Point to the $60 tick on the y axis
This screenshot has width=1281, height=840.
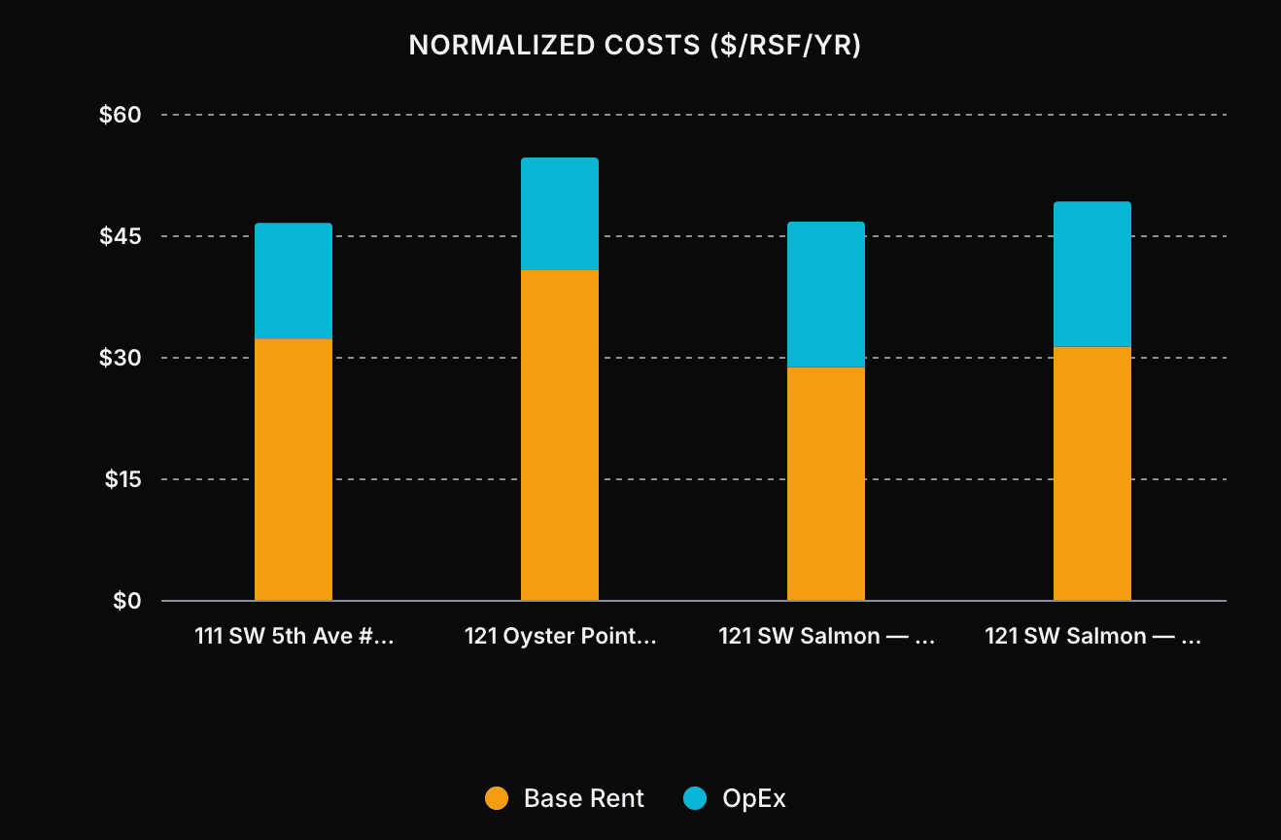click(121, 115)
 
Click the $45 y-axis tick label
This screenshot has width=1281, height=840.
click(121, 236)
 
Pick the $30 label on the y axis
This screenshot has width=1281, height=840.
click(121, 358)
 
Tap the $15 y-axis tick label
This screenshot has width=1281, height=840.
click(122, 479)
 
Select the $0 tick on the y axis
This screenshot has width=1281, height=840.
click(127, 601)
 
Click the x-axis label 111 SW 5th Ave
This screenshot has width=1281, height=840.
click(294, 637)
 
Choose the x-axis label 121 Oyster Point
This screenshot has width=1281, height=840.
click(560, 637)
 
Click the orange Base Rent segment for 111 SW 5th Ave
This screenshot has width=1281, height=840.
click(294, 470)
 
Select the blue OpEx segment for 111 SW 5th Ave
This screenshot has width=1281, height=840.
click(294, 281)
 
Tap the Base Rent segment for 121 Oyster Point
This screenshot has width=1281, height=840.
click(560, 436)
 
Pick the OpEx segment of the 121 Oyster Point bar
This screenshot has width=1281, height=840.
click(560, 214)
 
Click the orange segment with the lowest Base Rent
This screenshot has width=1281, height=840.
click(826, 484)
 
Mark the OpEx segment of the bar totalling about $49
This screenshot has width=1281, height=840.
click(1092, 274)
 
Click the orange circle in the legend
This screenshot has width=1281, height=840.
click(497, 799)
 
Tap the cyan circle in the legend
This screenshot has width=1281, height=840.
click(694, 799)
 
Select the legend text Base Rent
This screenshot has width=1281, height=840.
click(583, 799)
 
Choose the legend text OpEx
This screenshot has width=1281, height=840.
click(754, 799)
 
